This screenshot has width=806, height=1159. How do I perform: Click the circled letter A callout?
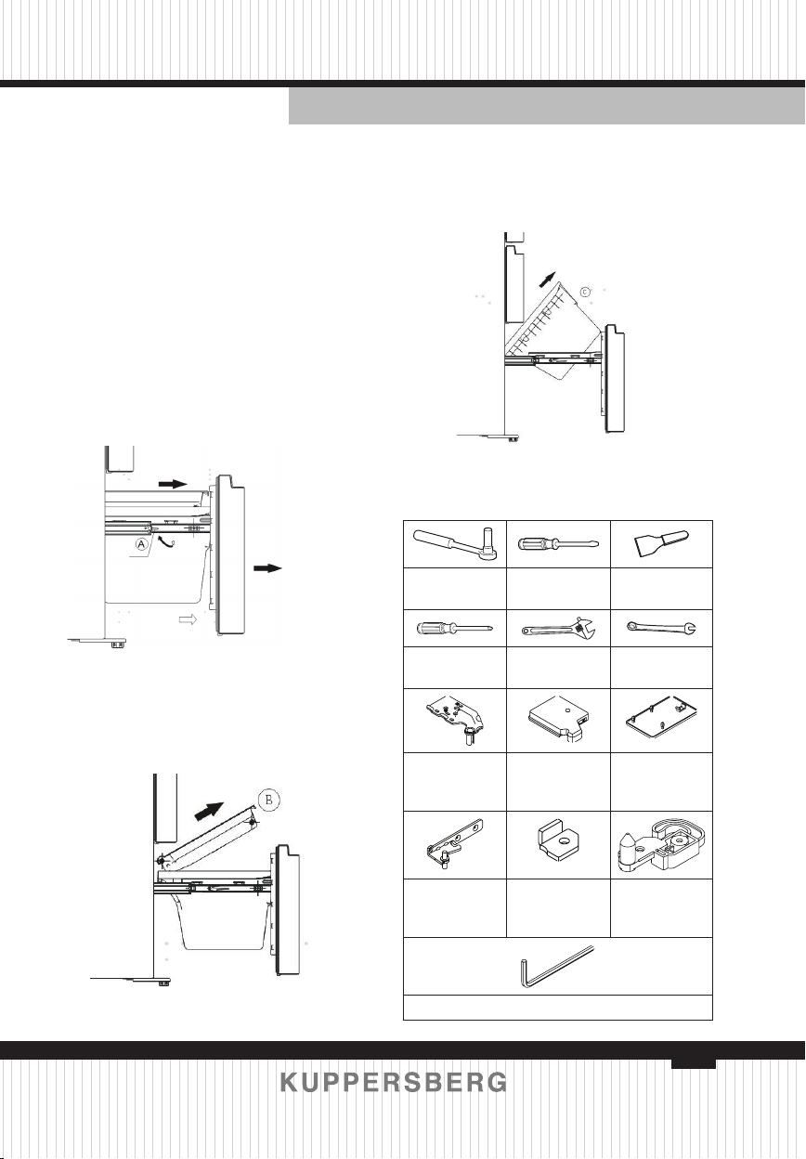(143, 544)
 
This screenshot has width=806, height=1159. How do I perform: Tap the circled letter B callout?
(269, 800)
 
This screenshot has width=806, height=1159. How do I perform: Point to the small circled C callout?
(585, 292)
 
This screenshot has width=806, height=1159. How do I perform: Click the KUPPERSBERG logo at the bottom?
(394, 1082)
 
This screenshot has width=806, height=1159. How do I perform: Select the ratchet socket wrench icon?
(455, 544)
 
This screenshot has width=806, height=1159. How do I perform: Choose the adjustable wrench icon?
(559, 628)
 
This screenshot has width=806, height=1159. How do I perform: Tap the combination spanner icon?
(662, 628)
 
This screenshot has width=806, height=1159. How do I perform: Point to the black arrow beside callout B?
(209, 812)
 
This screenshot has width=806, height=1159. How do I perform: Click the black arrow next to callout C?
(547, 280)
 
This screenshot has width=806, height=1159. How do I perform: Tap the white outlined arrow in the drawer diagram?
(188, 619)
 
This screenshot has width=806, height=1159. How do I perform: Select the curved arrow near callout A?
(167, 541)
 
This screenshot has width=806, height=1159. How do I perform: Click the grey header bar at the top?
(547, 106)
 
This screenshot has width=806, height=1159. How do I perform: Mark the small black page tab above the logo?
(694, 1063)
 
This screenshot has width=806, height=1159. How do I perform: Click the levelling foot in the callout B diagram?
(163, 981)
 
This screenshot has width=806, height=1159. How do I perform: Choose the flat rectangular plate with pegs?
(661, 718)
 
